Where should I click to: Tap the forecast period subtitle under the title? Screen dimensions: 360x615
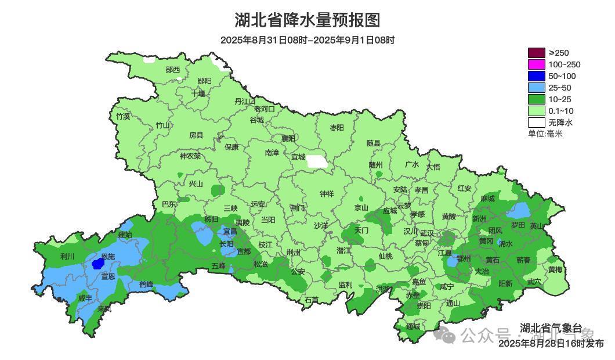click(307, 40)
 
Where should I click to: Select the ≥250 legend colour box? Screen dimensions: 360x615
click(536, 53)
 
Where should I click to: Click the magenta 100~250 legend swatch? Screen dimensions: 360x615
click(536, 64)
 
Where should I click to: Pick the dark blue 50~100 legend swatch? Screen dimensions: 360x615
click(536, 76)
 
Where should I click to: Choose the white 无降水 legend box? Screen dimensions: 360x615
click(536, 123)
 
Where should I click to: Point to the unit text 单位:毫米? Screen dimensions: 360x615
click(545, 134)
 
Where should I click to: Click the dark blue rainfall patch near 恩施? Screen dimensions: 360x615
click(97, 265)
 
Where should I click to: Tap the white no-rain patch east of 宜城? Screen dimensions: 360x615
click(317, 161)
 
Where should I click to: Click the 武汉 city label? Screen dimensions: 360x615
click(427, 232)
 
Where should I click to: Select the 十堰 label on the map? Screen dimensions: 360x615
click(198, 93)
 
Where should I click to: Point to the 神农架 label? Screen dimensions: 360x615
click(190, 156)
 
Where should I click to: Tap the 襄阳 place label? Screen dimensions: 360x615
click(288, 138)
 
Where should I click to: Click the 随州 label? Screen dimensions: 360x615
click(375, 165)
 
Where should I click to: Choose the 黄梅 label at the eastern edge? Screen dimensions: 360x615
click(555, 269)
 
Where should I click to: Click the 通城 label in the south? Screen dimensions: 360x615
click(413, 326)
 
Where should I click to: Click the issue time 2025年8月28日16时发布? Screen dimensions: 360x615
click(551, 344)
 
